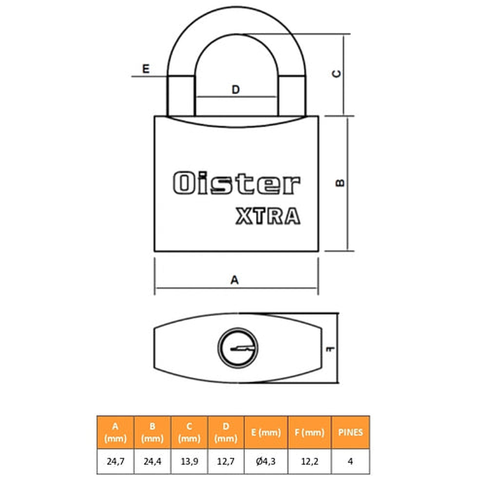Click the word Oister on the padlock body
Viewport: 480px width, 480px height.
tap(236, 184)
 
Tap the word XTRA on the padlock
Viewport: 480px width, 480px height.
tap(268, 217)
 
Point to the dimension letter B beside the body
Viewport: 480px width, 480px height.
tap(341, 182)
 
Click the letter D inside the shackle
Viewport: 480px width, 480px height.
tap(235, 90)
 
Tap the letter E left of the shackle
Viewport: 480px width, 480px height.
tap(146, 69)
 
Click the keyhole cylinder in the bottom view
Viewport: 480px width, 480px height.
tap(237, 348)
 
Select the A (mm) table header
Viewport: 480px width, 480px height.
tap(115, 432)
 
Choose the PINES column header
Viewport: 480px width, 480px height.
tap(350, 432)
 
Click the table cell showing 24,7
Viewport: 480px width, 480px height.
tap(115, 462)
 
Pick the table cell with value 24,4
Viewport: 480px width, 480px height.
tap(152, 462)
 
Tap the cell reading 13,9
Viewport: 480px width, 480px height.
tap(189, 462)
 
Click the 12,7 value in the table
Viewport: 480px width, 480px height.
tap(226, 462)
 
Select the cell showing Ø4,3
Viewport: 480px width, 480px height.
tap(266, 462)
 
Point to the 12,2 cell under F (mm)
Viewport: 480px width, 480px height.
tap(309, 462)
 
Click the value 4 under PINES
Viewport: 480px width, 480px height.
tap(350, 462)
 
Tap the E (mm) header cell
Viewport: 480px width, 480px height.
tap(266, 432)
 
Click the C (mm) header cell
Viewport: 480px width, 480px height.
tap(189, 432)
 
